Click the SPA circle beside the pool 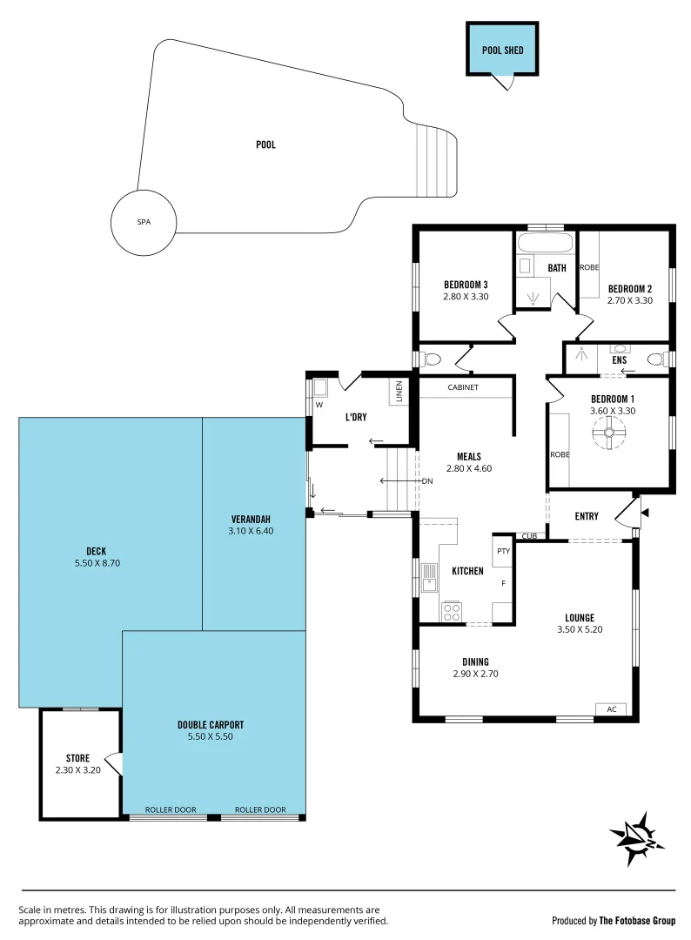coord(143,223)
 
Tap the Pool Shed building coord(502,50)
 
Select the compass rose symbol coord(639,837)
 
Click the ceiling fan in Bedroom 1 coord(609,432)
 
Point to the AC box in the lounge coord(611,709)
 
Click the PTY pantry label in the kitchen coord(502,551)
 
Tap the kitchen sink coord(429,578)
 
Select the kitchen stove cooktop coord(451,611)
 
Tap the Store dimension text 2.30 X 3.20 coord(78,769)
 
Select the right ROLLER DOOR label coord(260,809)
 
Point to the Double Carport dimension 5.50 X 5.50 coord(210,736)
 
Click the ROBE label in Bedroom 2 coord(589,267)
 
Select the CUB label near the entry coord(529,536)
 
